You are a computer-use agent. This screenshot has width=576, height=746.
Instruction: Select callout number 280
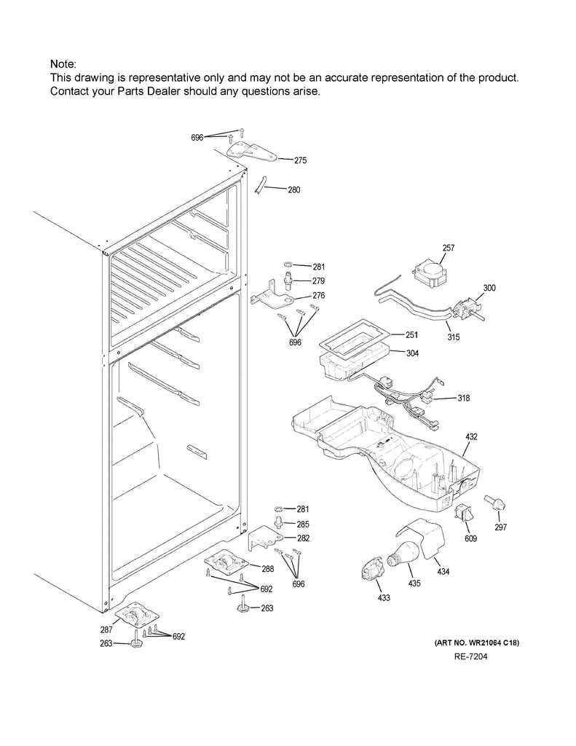(293, 190)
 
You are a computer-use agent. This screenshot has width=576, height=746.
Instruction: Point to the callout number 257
(448, 248)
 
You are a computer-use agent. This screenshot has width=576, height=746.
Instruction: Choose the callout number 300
(489, 288)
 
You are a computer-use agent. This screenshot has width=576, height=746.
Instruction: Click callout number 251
(411, 335)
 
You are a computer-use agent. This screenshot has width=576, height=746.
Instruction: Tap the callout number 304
(411, 353)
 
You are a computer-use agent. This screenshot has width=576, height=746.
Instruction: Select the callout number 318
(463, 398)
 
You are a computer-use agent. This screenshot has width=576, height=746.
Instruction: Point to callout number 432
(471, 436)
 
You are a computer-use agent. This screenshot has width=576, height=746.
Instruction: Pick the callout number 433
(383, 598)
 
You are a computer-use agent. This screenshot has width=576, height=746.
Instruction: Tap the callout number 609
(471, 539)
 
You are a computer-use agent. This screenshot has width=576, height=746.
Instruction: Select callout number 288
(267, 569)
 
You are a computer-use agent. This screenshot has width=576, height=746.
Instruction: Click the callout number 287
(106, 629)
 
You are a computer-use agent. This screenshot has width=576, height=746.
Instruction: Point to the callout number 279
(318, 281)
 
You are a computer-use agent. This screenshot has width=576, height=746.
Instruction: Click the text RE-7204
(470, 657)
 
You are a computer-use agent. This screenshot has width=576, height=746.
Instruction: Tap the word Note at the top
(63, 65)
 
